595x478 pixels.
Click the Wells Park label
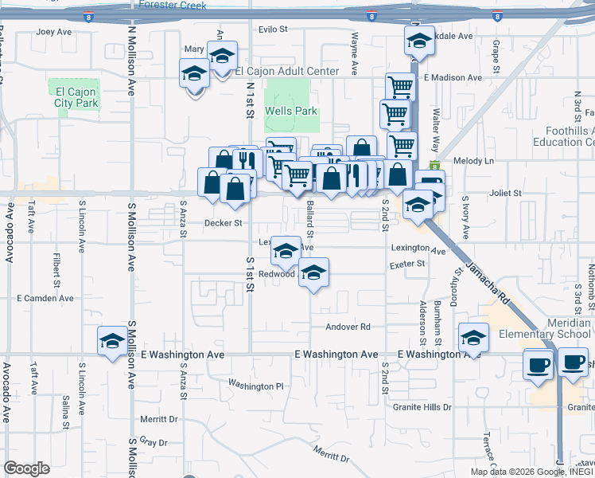tap(291, 112)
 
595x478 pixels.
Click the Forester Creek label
tap(173, 6)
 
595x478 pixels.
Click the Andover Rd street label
tap(348, 327)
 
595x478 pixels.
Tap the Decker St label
tap(223, 224)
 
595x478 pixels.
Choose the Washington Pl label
tap(255, 386)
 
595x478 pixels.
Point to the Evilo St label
tap(271, 29)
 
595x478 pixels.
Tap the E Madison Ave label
tap(453, 78)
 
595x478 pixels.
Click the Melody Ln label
tap(474, 161)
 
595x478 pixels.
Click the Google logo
tap(26, 468)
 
